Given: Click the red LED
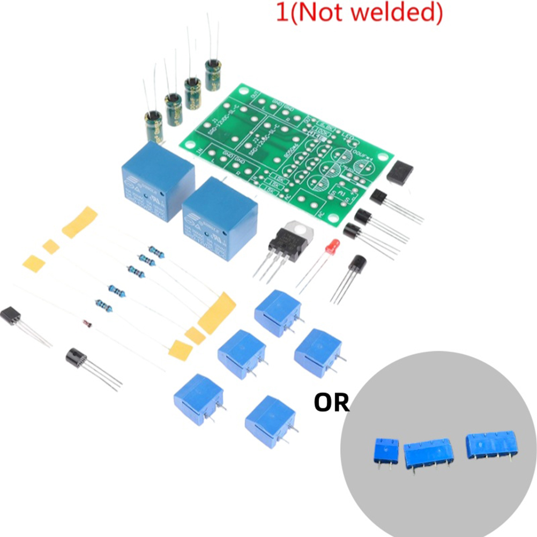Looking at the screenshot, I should click(x=333, y=247).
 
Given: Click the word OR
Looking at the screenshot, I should click(x=331, y=402).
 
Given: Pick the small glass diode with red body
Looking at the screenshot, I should click(x=88, y=324).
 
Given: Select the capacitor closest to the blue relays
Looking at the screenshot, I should click(x=153, y=124).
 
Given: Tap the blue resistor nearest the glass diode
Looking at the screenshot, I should click(x=103, y=306).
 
